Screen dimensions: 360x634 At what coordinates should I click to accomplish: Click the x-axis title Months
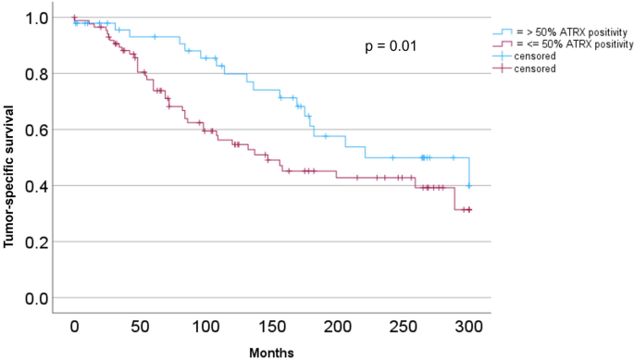click(271, 352)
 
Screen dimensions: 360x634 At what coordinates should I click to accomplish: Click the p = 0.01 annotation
click(392, 44)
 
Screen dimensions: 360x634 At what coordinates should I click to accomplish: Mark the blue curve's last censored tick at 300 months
click(469, 186)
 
